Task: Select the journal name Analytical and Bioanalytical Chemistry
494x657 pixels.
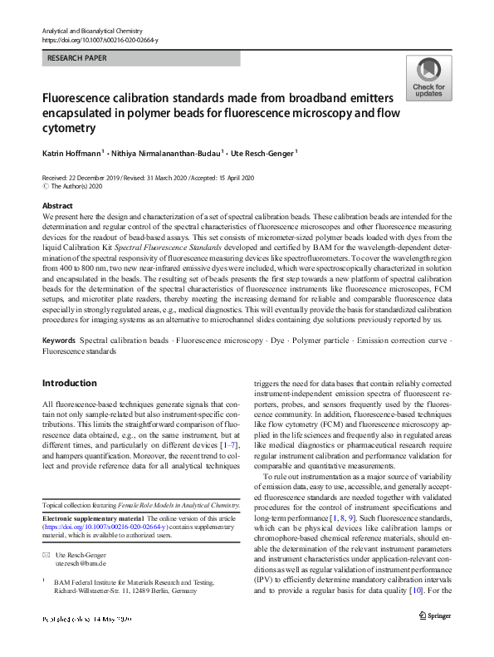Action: tap(92, 30)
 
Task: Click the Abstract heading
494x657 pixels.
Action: tap(57, 206)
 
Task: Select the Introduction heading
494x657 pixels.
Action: tap(69, 383)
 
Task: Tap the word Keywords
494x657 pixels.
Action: tap(59, 341)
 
